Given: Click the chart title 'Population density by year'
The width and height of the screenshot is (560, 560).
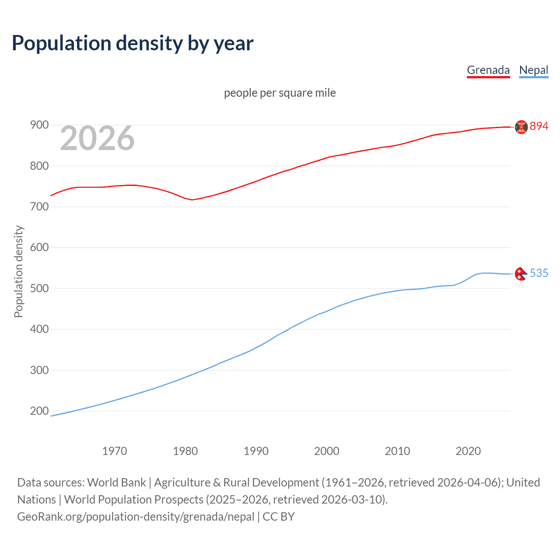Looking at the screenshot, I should tap(133, 43).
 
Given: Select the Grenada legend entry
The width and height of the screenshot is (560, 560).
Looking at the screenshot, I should tap(488, 70).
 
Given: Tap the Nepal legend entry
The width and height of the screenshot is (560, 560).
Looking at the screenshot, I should tap(533, 70).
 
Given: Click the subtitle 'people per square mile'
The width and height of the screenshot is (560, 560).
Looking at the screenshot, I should tap(280, 93).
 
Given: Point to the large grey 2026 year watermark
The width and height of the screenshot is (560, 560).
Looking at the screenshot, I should tap(97, 138).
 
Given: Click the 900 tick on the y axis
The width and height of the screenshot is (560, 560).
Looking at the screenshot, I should tap(39, 125).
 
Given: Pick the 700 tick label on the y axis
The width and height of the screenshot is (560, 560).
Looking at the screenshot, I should tap(39, 206).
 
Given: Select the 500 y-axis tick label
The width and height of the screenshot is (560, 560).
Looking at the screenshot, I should tap(39, 288).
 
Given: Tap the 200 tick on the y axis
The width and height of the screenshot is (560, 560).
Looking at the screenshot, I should tap(39, 411).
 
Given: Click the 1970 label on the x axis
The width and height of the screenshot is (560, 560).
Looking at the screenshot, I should tap(115, 451).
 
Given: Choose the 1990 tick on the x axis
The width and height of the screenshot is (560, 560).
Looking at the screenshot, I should tap(256, 451).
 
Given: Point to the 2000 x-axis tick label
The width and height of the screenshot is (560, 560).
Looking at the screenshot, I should tap(327, 451).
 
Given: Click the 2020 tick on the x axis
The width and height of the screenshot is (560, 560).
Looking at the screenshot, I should tap(468, 451).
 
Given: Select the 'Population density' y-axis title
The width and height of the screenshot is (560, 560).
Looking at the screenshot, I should tap(18, 271).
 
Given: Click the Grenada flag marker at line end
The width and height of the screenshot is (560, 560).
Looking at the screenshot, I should tap(521, 127).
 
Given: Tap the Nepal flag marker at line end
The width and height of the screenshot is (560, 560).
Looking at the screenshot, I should tap(521, 274).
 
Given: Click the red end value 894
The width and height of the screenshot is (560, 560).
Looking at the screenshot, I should tap(539, 126).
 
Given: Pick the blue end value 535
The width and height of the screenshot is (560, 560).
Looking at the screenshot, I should tap(539, 273).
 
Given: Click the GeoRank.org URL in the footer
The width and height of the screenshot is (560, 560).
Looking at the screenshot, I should tap(136, 517).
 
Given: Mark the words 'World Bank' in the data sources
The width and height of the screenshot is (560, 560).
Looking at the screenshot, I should tap(116, 483).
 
